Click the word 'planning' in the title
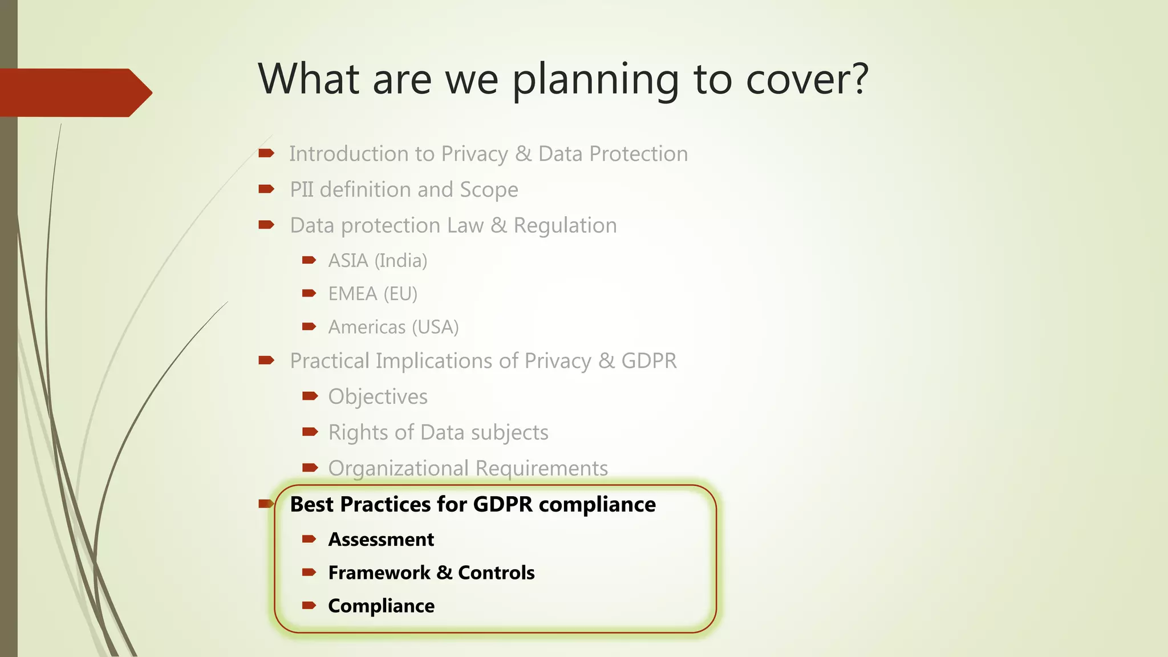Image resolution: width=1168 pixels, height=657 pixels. coord(595,80)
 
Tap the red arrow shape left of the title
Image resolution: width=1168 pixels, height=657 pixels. coord(74,92)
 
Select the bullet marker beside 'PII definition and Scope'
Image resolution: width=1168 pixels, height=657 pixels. coord(266,189)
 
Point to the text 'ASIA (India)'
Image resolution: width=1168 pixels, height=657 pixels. coord(378,261)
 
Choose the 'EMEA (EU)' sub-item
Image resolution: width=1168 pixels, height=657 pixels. coord(372,294)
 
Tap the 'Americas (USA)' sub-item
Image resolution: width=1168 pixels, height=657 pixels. coord(394,327)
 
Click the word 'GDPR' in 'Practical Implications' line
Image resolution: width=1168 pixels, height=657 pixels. coord(648,361)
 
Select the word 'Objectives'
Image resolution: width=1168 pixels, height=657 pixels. coord(378,397)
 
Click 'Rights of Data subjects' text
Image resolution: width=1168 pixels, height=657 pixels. coord(438,432)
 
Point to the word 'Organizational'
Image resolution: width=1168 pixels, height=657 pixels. coord(398,468)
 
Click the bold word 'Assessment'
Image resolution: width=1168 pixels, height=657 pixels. coord(381,540)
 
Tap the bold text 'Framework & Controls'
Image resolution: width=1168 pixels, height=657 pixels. coord(431,573)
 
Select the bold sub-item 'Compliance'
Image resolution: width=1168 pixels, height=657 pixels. coord(381,606)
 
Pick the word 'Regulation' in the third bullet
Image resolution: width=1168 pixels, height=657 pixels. coord(565,226)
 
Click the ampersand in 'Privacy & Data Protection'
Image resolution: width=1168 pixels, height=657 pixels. coord(523,154)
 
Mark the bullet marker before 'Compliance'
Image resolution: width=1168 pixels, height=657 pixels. coord(309,606)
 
